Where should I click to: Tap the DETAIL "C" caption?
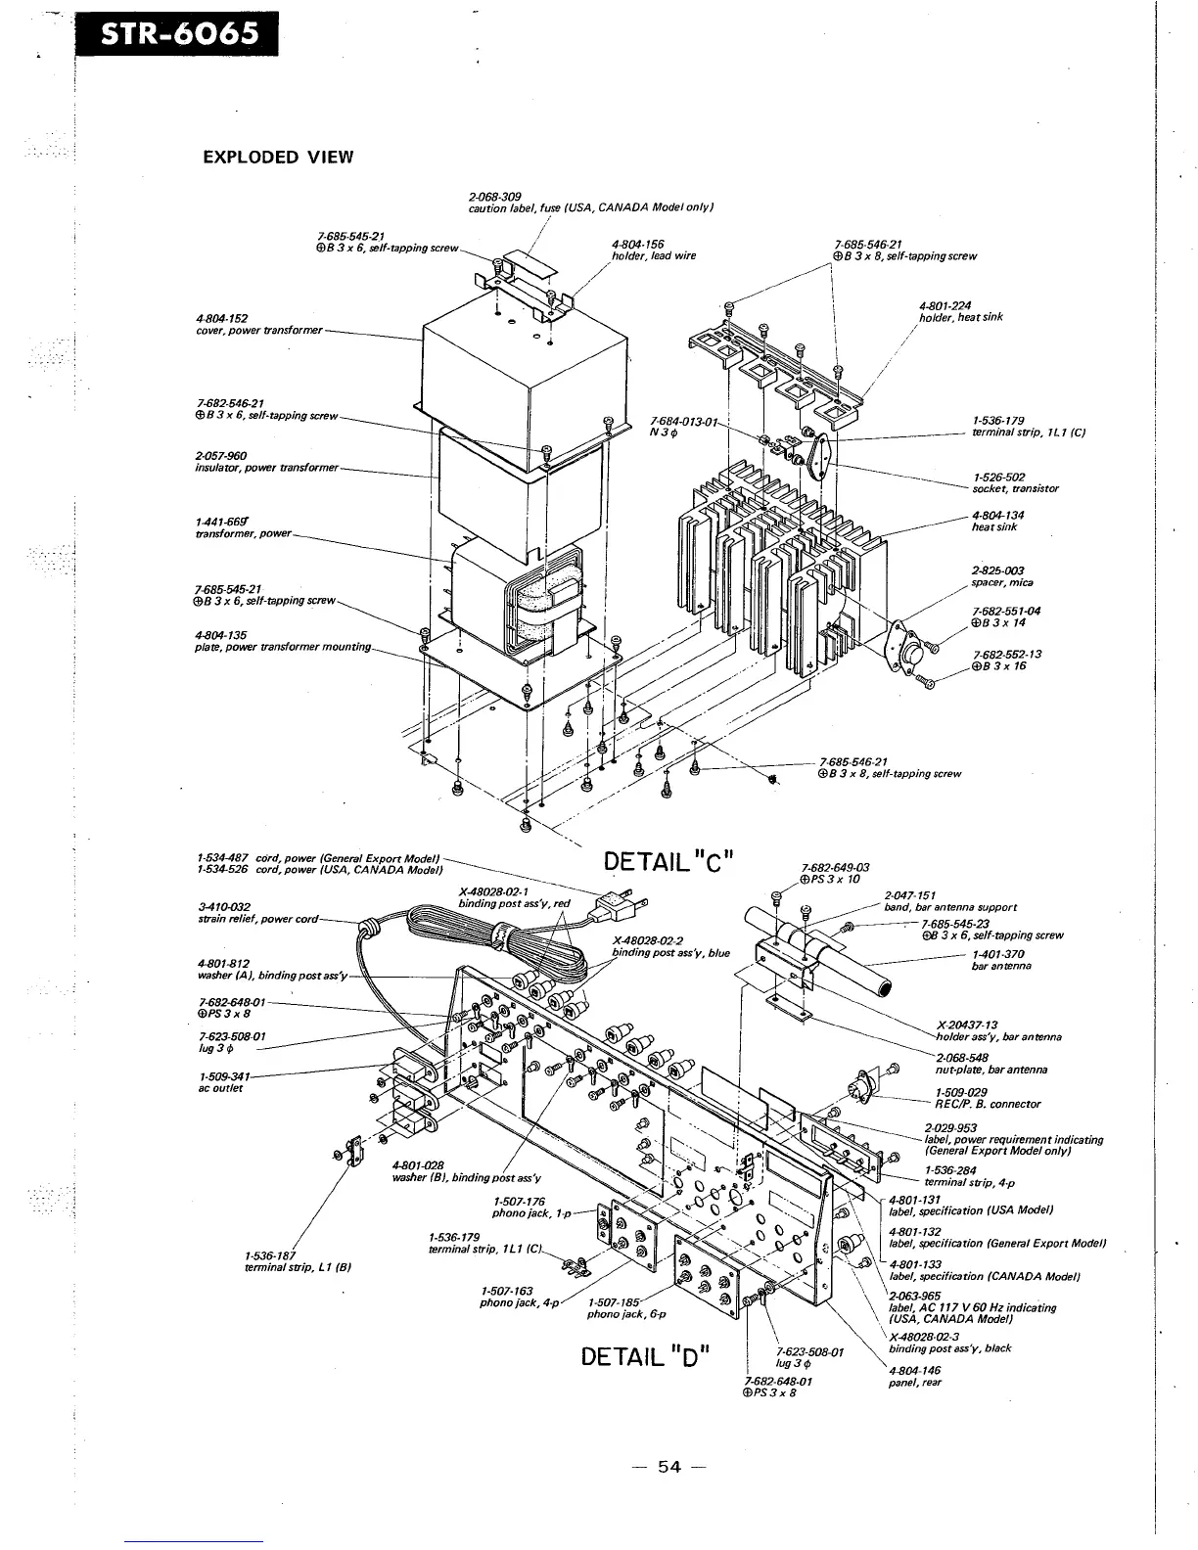click(664, 862)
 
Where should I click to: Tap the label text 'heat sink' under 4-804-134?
click(994, 527)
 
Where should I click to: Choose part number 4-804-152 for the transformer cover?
click(222, 318)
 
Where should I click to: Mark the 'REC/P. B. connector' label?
click(988, 1104)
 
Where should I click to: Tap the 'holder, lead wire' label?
click(653, 255)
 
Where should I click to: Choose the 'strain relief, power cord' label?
click(257, 921)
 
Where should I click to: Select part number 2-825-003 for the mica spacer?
click(998, 570)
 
